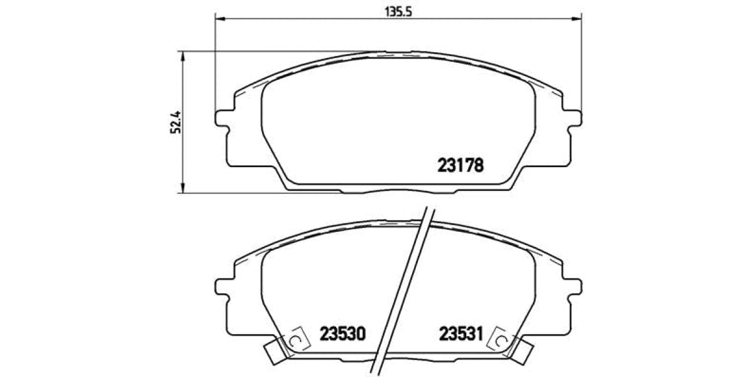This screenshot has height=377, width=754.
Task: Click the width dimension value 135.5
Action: [397, 11]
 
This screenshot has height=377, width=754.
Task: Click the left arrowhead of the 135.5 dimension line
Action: [220, 19]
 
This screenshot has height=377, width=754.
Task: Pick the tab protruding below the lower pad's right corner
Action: [523, 349]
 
